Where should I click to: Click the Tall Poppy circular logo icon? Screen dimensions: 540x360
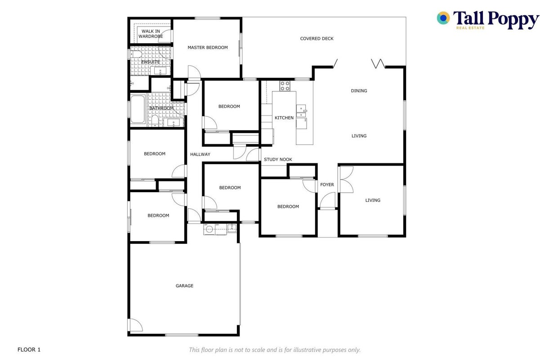point(443,18)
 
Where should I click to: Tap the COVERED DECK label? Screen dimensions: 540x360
point(317,39)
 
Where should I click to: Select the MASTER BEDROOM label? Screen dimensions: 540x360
point(208,48)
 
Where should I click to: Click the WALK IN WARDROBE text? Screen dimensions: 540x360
point(151,34)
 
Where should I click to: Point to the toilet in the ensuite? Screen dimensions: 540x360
point(136,54)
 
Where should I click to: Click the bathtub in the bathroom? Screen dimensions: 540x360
point(138,109)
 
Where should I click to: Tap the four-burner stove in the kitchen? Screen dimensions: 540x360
point(285,86)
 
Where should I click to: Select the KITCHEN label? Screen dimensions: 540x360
point(284,118)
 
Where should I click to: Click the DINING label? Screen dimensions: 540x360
point(359,91)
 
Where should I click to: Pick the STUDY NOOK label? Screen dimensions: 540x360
point(278,159)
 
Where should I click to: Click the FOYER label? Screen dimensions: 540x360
point(327,184)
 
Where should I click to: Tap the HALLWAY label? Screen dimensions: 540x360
point(200,154)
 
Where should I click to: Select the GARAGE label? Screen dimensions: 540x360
point(184,286)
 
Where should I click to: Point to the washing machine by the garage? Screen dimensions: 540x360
point(209,229)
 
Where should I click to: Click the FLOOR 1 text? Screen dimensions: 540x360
point(29,350)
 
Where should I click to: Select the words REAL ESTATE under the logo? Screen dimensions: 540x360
point(470,28)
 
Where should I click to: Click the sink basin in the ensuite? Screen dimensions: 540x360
point(160,71)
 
